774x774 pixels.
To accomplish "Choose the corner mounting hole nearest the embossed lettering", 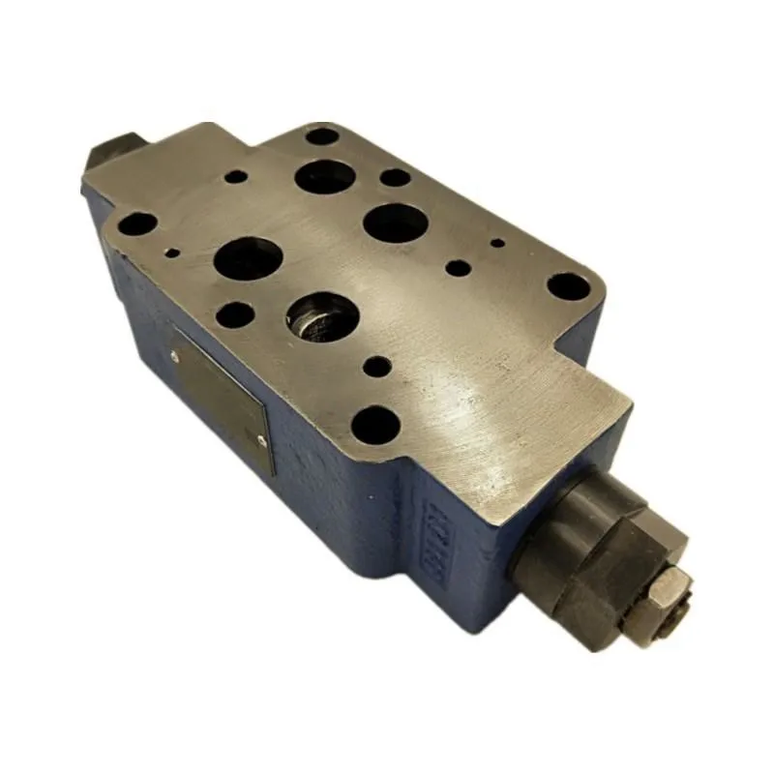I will (375, 424).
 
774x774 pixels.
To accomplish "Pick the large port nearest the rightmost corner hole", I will (396, 222).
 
